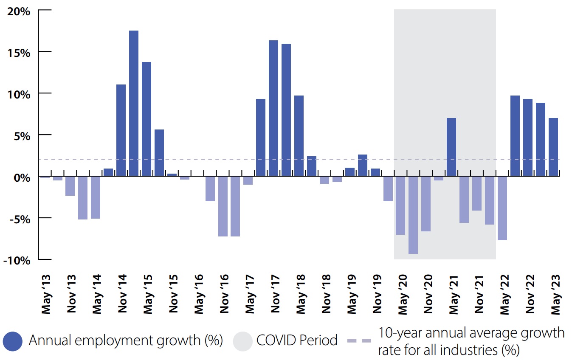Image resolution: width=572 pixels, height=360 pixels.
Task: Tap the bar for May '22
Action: tap(502, 208)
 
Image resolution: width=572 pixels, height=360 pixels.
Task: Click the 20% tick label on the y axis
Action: tap(19, 11)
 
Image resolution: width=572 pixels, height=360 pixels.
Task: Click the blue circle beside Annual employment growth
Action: tap(12, 341)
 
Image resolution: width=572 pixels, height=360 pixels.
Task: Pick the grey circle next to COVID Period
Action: tap(242, 341)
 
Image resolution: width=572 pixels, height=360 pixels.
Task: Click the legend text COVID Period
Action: tap(297, 340)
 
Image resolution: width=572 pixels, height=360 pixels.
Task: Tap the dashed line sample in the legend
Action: tap(359, 341)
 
